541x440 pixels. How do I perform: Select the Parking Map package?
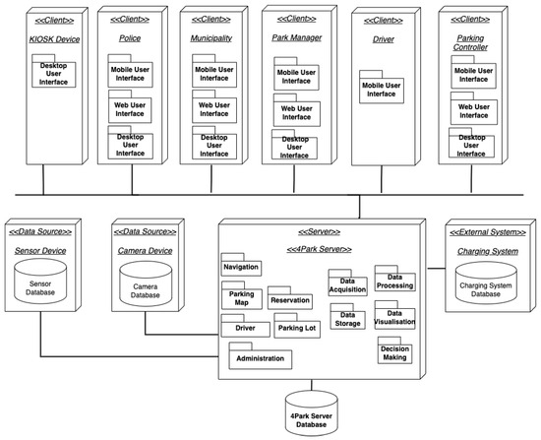click(x=241, y=297)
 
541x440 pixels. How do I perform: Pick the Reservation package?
click(x=289, y=298)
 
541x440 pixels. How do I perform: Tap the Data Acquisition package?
click(x=346, y=285)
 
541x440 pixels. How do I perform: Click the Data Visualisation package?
click(x=396, y=319)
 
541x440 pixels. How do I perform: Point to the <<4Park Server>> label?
click(x=320, y=250)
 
